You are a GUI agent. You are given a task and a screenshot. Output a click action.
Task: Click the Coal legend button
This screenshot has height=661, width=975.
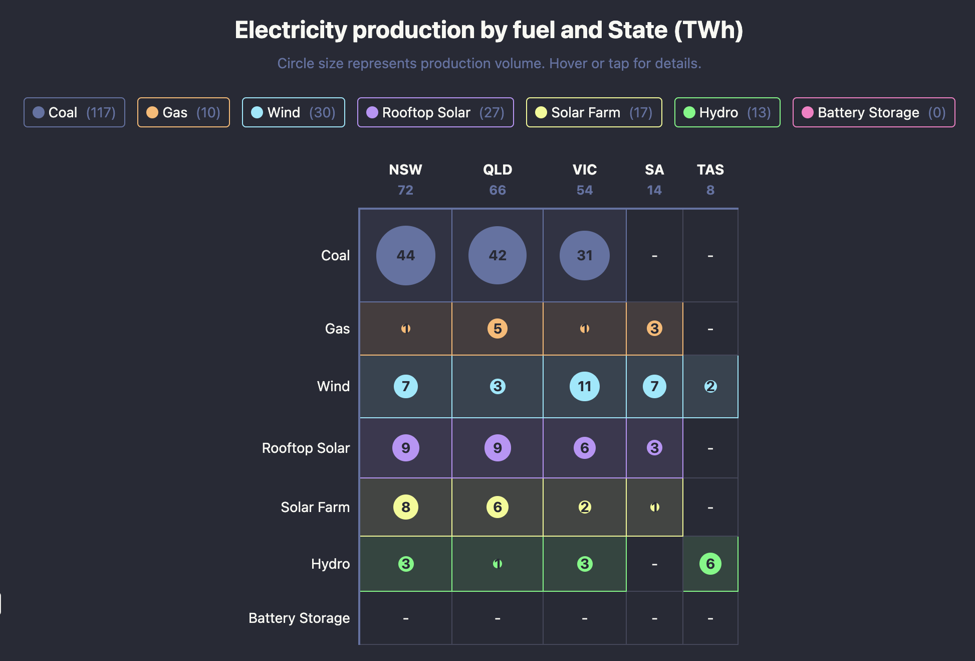(x=74, y=112)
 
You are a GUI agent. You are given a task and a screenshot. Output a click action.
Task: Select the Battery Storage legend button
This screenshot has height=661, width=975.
(x=873, y=112)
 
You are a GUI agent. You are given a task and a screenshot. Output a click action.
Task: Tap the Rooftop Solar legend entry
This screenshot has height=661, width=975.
(x=435, y=112)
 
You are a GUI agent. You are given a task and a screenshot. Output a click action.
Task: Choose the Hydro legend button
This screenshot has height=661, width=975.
(x=727, y=112)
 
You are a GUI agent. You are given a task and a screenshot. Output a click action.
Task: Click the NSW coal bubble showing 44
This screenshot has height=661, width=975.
(x=405, y=255)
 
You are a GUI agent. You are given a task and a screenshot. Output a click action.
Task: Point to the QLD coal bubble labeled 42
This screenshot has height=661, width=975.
(x=497, y=255)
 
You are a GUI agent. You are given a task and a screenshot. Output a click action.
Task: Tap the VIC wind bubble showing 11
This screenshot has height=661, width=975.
(x=584, y=386)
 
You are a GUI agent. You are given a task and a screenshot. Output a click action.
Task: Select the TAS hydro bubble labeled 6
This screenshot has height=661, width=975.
(x=710, y=564)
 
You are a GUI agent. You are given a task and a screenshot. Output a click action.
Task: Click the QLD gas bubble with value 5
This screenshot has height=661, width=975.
(x=497, y=328)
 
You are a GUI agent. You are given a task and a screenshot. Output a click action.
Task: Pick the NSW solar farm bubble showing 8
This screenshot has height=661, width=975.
(x=405, y=507)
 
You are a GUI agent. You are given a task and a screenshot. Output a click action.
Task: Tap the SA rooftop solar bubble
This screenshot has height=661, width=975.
(x=654, y=447)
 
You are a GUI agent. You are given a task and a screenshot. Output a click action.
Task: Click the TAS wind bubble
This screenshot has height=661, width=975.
(x=710, y=386)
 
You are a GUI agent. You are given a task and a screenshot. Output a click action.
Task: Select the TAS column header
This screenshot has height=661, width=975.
(x=710, y=170)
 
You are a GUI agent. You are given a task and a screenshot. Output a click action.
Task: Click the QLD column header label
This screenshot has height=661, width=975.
(x=497, y=170)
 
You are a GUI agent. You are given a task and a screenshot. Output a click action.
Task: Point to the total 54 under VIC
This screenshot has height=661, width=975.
(x=584, y=190)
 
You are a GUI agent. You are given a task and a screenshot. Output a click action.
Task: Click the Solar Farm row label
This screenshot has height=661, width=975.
(x=315, y=507)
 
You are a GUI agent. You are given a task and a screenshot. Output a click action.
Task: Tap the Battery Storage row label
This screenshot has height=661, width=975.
(x=299, y=618)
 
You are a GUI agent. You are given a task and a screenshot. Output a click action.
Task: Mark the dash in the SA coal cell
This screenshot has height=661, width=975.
(x=654, y=256)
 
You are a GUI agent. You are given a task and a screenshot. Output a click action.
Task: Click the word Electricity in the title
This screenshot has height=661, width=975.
(x=291, y=30)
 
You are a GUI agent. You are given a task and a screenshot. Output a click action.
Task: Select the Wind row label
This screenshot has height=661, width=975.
(x=333, y=386)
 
